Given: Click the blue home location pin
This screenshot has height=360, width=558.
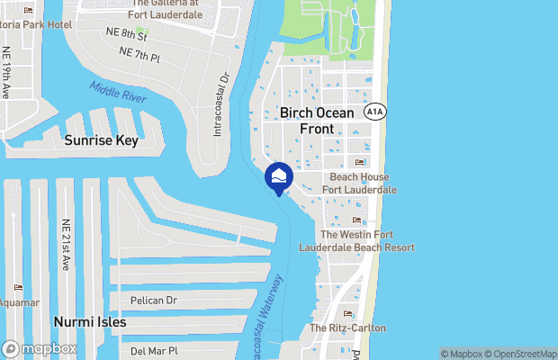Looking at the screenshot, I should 279,176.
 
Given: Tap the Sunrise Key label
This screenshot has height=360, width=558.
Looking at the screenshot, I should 100,140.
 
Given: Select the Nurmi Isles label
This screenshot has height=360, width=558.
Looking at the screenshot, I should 89,321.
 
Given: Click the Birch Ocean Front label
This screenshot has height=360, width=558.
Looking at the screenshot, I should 307,121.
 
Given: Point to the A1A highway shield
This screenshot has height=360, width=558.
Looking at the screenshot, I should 376,111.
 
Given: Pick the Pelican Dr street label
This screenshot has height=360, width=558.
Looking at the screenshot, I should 153,300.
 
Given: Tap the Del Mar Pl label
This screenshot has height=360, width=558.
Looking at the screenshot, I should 155,350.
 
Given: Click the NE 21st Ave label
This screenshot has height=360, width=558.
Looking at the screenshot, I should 66,245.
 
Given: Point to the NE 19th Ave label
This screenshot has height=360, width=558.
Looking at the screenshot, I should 6,74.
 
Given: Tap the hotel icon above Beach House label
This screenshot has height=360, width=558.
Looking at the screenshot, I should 359,163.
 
